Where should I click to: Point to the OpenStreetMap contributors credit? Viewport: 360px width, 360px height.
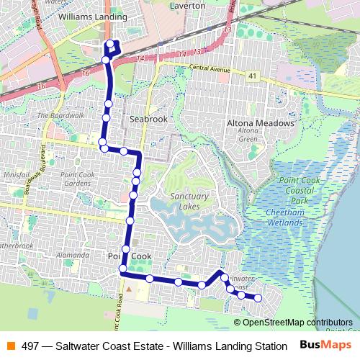(x=298, y=322)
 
